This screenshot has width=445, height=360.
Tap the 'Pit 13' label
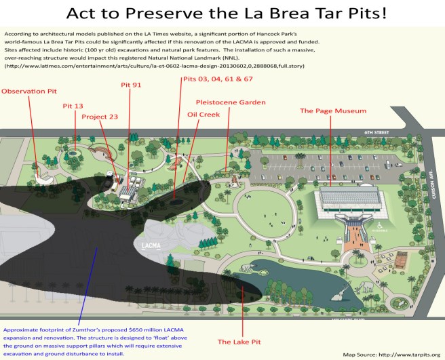pos(73,106)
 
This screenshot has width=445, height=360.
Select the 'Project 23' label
pos(100,116)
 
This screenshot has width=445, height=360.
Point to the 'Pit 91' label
pos(132,86)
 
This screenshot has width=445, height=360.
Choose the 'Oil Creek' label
pos(203,114)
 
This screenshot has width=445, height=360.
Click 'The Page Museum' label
pos(333,110)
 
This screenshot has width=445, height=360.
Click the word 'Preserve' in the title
pos(189,15)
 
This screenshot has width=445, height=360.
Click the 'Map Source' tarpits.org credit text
pos(391,354)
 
